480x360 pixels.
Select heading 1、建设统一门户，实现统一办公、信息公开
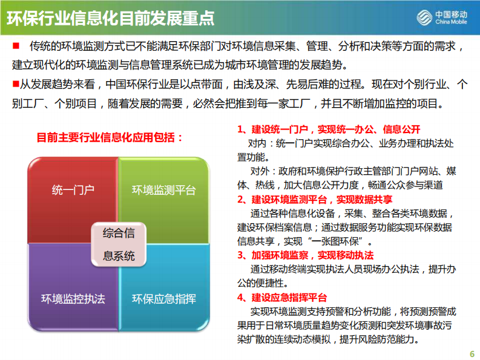[329, 130]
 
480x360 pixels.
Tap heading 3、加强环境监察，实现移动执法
[305, 255]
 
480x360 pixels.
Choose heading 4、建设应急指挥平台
[282, 297]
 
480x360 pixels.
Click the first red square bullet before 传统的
[16, 47]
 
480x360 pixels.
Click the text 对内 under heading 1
[257, 143]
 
